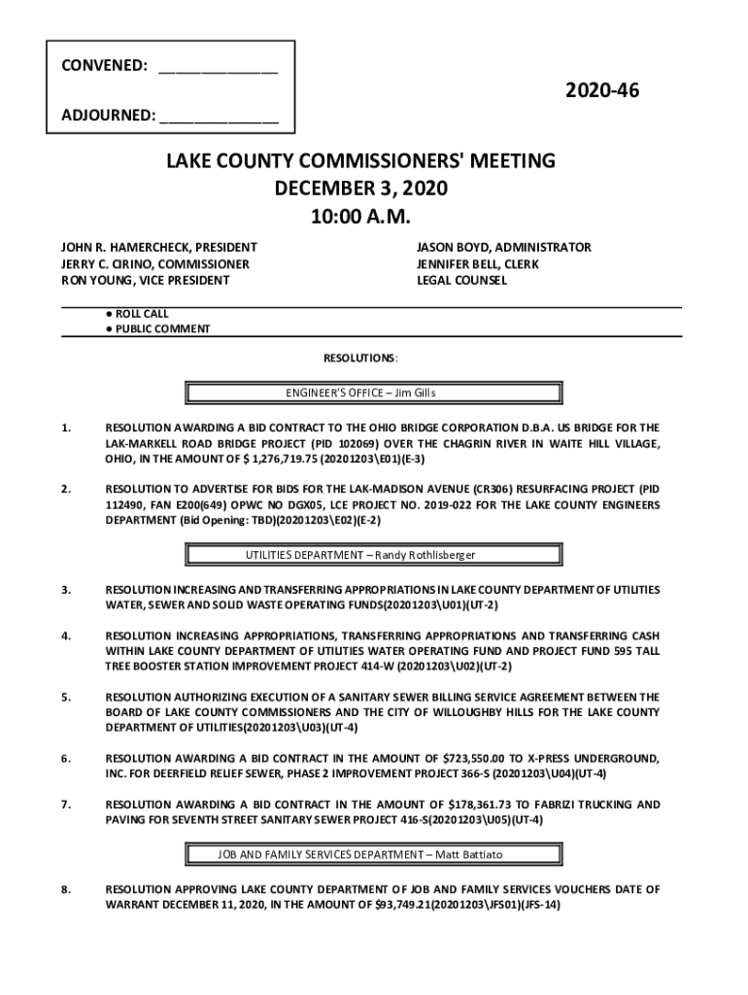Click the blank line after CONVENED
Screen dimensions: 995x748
point(218,70)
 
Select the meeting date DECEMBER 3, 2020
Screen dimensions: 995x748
point(359,188)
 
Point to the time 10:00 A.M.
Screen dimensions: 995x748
point(359,215)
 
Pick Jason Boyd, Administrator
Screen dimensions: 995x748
point(503,248)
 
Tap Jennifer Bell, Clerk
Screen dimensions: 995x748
point(478,264)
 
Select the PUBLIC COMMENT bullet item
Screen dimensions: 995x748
point(161,328)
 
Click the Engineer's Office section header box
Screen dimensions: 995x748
point(373,393)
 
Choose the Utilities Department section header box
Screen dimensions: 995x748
point(373,555)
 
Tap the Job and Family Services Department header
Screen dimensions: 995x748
point(373,854)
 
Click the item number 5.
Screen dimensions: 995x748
point(65,697)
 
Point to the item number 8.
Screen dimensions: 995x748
point(65,889)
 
